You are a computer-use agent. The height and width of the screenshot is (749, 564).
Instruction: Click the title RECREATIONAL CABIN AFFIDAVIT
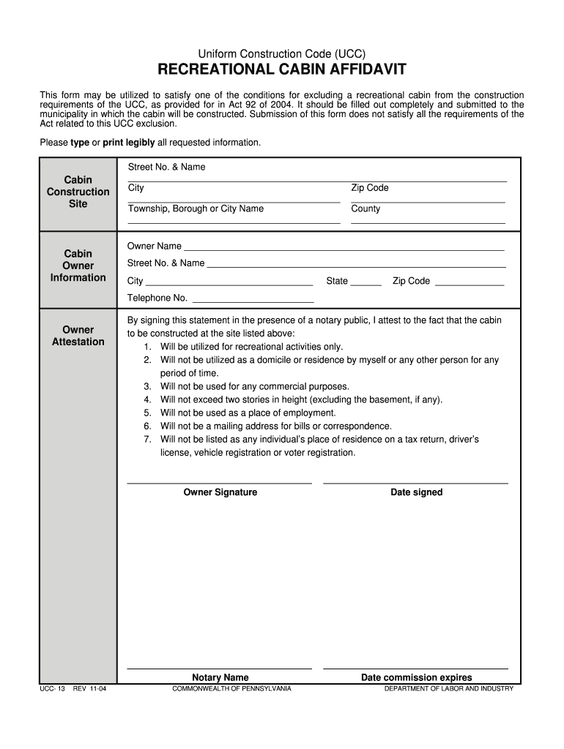[x=282, y=71]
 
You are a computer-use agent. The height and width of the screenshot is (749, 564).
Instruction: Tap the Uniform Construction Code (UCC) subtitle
[x=282, y=54]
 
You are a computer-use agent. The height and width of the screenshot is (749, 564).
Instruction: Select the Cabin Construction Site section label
[x=78, y=192]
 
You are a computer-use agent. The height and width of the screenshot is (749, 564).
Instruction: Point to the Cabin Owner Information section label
[x=78, y=266]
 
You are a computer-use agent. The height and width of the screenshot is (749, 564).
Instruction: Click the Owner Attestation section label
[x=78, y=336]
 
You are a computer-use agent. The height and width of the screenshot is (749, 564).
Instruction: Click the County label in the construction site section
[x=366, y=208]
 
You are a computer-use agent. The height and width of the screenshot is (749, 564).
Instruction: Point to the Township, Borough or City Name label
[x=196, y=208]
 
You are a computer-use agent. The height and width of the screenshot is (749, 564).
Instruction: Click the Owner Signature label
[x=220, y=492]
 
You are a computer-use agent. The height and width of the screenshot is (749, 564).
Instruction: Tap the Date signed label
[x=416, y=492]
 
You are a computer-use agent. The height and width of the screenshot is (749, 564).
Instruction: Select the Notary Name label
[x=220, y=677]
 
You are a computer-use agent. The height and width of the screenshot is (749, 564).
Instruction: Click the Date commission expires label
[x=416, y=677]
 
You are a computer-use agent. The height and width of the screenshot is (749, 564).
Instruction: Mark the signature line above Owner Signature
[x=220, y=483]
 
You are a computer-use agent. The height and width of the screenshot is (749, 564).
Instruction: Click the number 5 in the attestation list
[x=147, y=413]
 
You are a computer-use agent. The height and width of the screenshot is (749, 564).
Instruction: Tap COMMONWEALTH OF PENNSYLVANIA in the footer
[x=231, y=688]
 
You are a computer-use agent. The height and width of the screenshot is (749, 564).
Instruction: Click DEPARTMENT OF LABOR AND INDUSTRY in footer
[x=448, y=688]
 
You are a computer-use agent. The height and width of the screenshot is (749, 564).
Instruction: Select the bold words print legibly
[x=128, y=142]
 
